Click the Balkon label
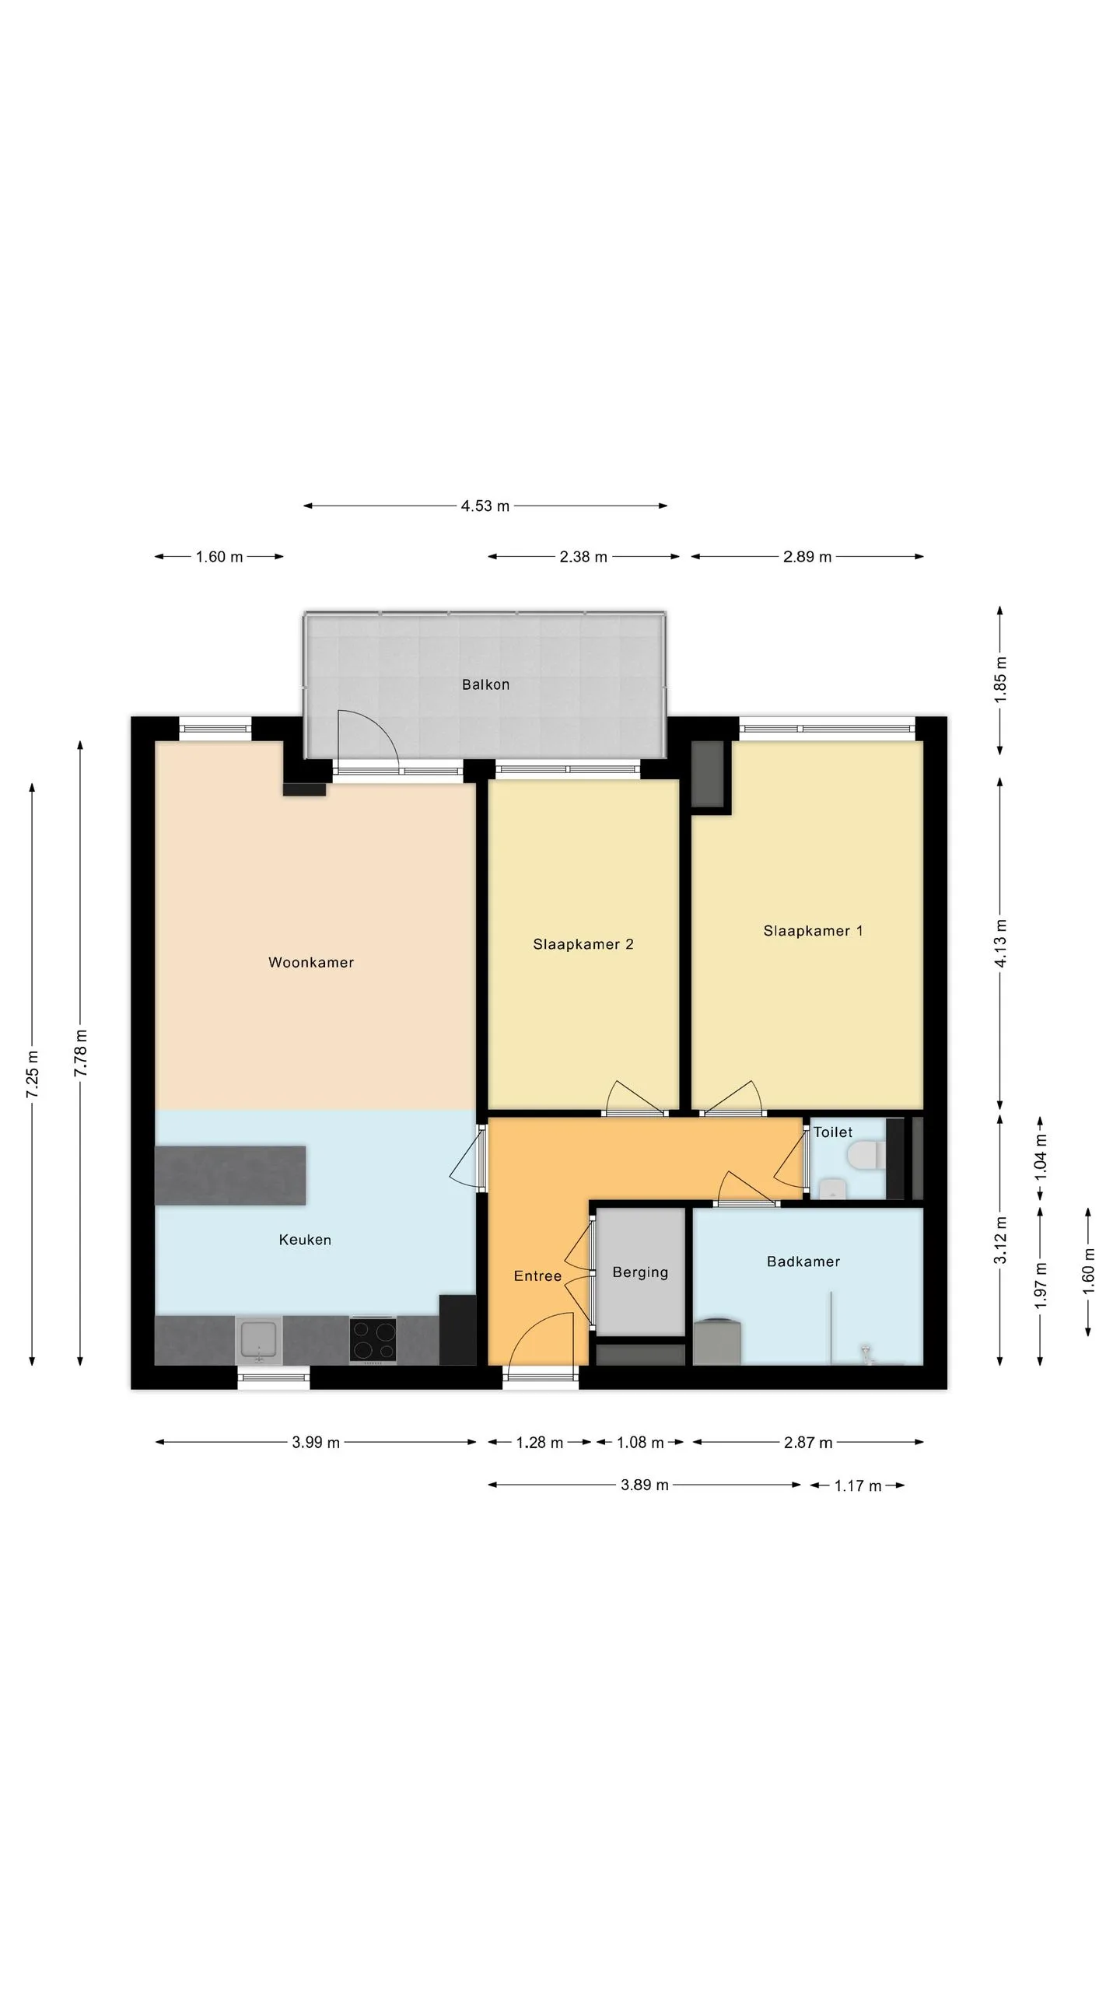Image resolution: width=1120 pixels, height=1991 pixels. coord(485,684)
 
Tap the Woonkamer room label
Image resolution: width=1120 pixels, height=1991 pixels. coord(311,962)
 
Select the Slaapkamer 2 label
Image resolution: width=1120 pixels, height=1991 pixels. coord(583,944)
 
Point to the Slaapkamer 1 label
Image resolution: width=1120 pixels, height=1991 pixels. coord(813,931)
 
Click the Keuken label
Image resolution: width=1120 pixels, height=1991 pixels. coord(305,1240)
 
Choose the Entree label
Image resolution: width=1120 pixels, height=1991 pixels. coord(537,1275)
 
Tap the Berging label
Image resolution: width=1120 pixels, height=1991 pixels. coord(640,1272)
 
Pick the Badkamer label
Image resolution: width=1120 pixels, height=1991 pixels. coord(803,1261)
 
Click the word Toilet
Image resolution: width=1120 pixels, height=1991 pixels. coord(833,1132)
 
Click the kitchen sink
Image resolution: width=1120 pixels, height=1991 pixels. coord(259,1340)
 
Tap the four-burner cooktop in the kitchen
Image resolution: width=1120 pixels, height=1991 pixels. coord(373,1339)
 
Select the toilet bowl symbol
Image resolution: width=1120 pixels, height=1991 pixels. coord(866,1155)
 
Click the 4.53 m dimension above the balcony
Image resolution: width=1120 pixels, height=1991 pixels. coord(485,506)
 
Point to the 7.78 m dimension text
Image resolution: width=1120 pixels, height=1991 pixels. coord(81,1053)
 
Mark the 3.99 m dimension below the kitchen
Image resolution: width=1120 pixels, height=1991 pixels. coord(316,1443)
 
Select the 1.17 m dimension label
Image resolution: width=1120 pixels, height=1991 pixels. coord(858,1486)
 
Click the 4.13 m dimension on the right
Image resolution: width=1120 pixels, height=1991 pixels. coord(1000,943)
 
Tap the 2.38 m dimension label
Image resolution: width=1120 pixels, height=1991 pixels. coord(583,557)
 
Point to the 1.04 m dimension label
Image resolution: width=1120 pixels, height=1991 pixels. coord(1041,1156)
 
